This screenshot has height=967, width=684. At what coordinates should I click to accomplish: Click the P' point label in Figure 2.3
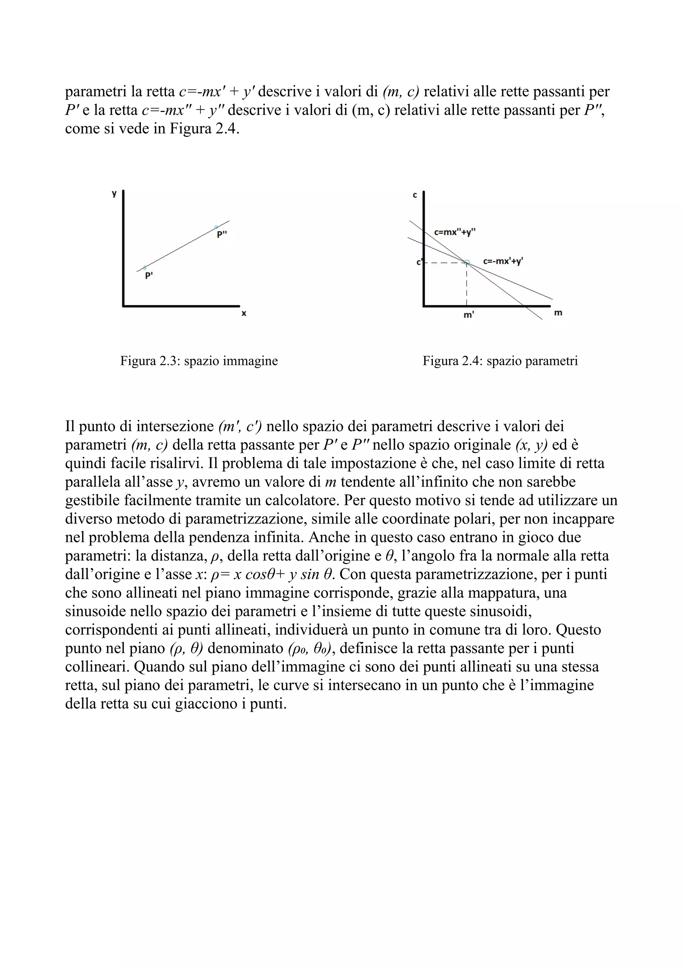point(149,276)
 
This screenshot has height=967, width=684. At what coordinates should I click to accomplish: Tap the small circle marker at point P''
point(216,227)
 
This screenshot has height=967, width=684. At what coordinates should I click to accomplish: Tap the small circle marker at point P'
point(145,267)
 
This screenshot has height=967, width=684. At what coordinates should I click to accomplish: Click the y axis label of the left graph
point(114,194)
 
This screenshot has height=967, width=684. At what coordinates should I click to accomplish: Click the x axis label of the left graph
point(243,313)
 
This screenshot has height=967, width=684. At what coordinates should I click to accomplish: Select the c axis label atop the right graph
point(415,195)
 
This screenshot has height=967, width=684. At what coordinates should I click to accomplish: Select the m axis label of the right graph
point(558,313)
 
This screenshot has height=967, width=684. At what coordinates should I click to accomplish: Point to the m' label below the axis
point(468,315)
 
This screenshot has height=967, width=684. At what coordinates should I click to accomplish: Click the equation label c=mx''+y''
point(455,232)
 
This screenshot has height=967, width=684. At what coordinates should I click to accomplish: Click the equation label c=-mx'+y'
point(503,261)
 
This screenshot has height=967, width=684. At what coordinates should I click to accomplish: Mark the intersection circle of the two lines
point(467,262)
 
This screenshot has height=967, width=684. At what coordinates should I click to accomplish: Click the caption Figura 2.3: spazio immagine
point(199,361)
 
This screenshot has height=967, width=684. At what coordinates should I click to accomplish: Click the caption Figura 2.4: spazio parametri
point(500,361)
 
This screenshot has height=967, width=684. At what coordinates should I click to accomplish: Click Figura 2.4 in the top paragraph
point(204,129)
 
